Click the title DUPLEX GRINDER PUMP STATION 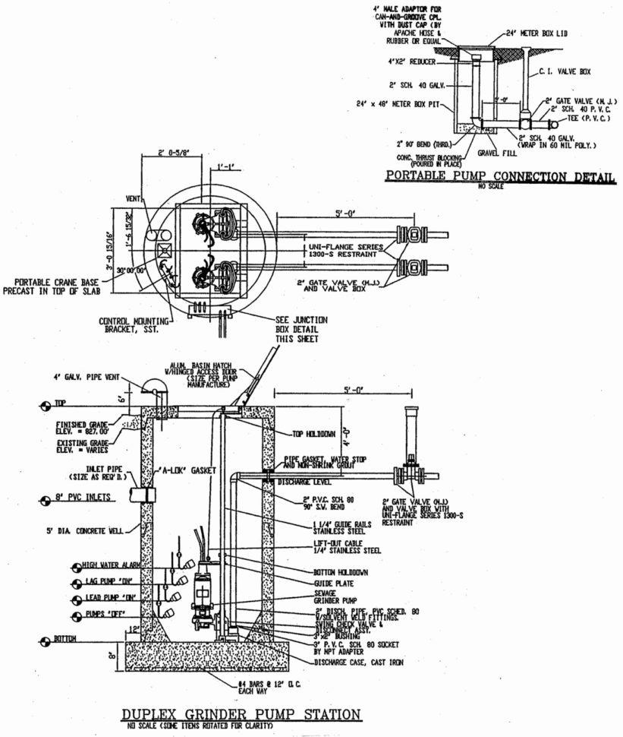tap(241, 714)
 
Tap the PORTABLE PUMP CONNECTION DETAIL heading tap(501, 177)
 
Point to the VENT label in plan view tap(131, 200)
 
